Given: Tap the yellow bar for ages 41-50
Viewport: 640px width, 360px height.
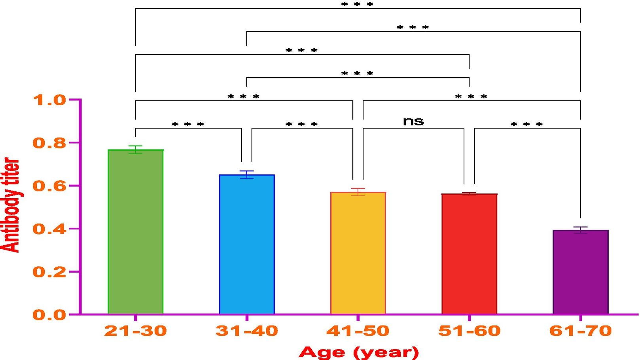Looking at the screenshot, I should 358,253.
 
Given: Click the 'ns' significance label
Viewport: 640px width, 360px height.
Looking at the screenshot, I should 413,121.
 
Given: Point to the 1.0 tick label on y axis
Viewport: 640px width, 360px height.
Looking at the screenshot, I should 49,100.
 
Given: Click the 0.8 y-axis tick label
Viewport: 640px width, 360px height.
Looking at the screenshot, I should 49,143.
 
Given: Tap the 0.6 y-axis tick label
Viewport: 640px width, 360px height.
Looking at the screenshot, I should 49,186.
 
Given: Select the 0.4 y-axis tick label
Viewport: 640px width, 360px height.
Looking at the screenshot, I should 49,229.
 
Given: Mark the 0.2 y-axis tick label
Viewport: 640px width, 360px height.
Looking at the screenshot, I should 49,272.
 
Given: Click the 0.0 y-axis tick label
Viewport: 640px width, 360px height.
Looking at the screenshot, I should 49,315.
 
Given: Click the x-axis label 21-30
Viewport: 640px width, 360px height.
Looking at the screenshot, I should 135,331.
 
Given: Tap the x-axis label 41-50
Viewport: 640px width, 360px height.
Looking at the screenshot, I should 358,331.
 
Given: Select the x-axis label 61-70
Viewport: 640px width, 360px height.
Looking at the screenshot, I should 580,331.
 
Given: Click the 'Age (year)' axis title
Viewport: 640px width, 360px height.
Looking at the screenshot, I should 358,352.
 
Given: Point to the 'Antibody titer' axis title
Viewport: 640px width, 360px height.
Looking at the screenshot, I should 11,205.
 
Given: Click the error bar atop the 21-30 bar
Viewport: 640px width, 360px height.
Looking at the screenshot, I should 135,149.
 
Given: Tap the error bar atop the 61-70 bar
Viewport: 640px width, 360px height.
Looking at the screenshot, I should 580,230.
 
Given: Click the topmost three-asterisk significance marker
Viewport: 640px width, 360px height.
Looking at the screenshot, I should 357,4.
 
